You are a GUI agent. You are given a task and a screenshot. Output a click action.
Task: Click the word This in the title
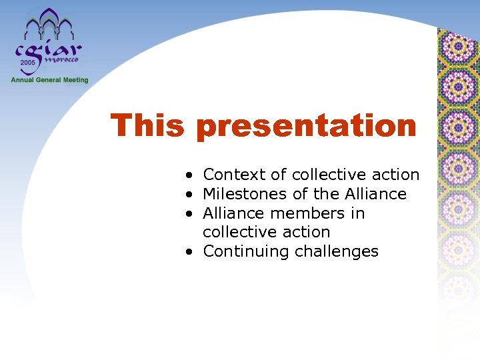click(x=147, y=125)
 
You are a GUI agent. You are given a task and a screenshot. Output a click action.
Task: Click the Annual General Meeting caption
click(x=49, y=80)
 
